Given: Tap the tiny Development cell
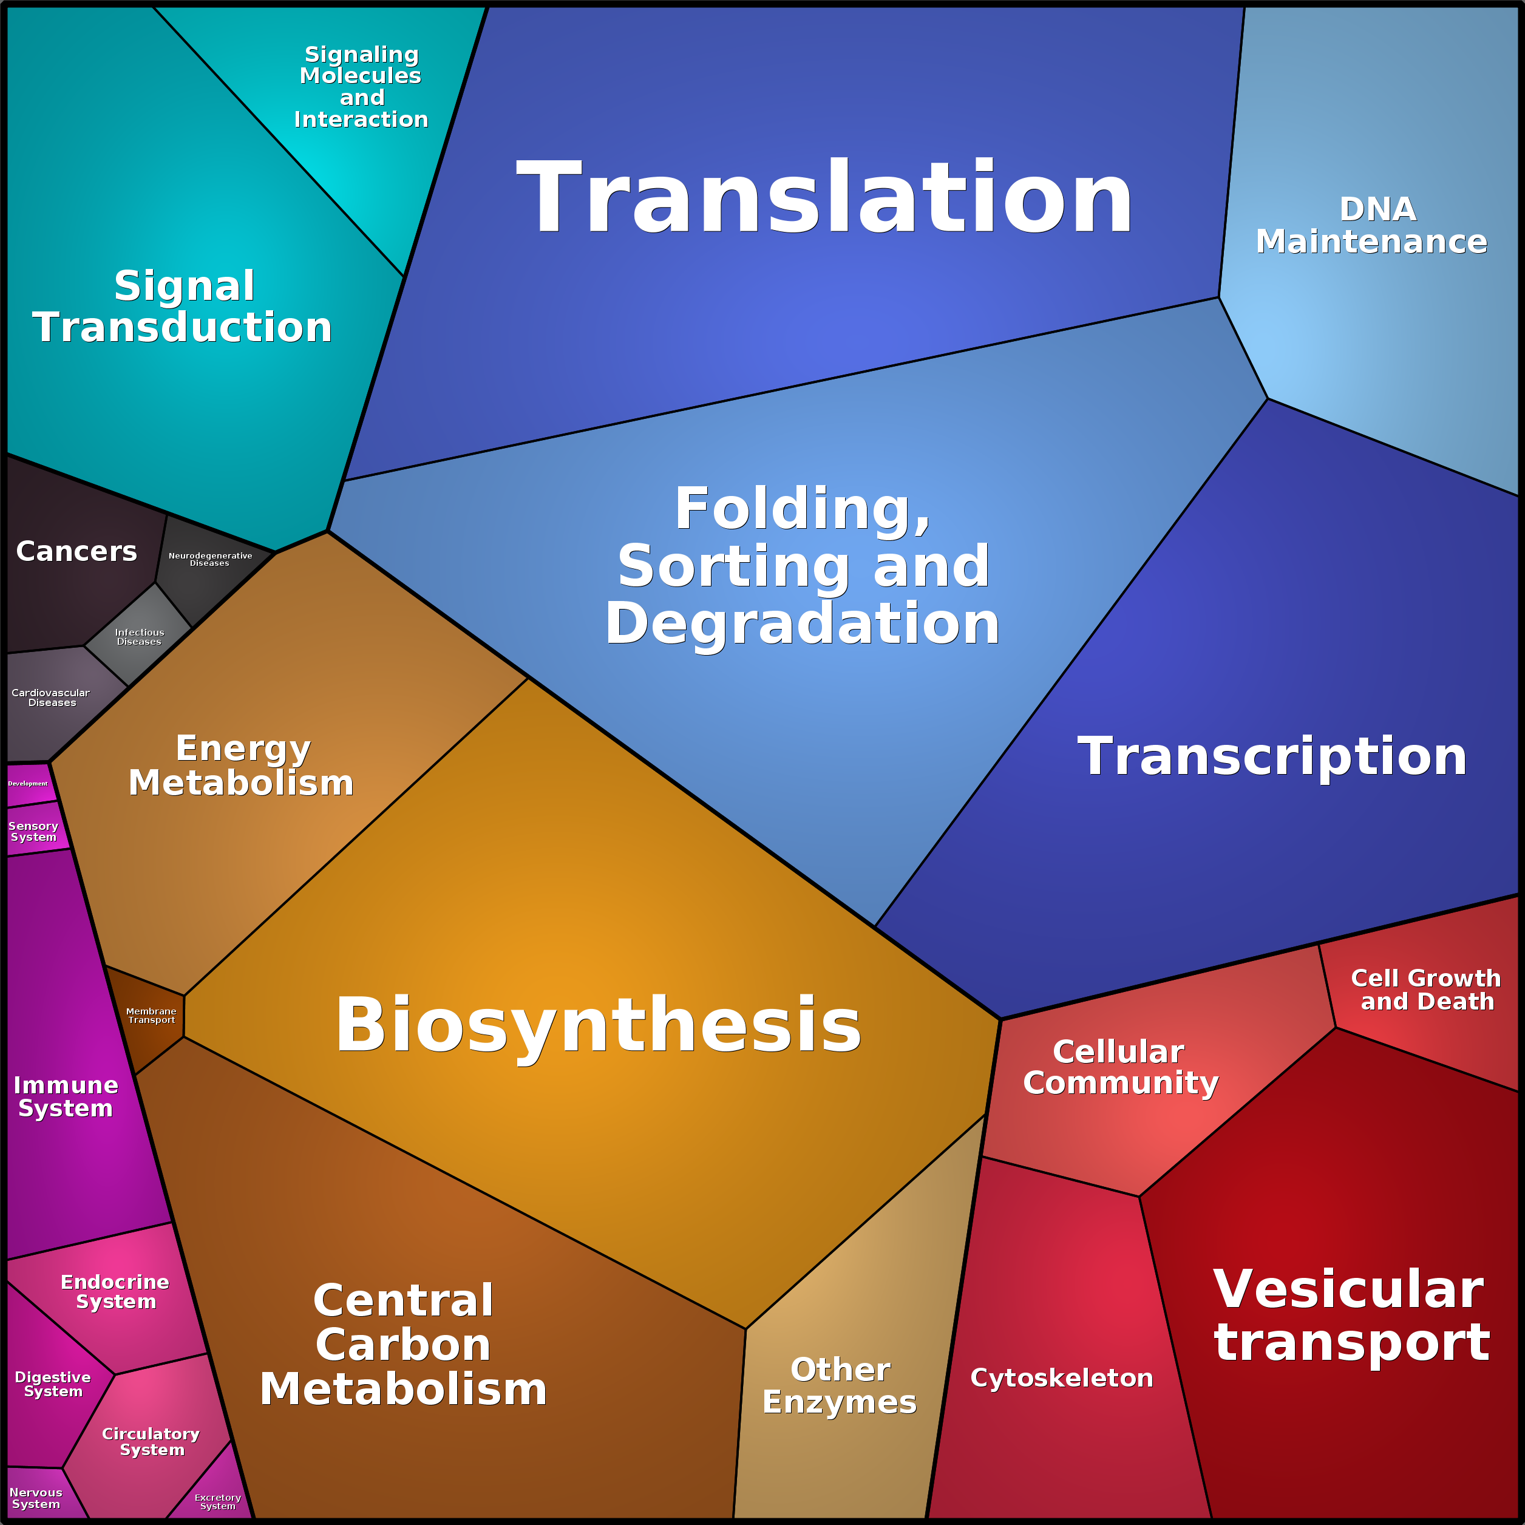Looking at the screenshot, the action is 29,784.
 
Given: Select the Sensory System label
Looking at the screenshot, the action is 33,831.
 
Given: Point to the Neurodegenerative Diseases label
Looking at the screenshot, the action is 210,560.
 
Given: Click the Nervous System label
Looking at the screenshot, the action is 36,1498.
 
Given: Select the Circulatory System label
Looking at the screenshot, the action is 151,1441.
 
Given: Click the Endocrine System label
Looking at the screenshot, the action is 115,1292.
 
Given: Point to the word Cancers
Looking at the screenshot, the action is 76,551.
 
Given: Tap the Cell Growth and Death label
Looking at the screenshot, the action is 1425,990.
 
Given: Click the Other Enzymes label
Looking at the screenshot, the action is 840,1386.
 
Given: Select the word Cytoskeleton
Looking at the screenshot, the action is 1062,1378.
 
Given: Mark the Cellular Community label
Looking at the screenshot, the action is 1120,1067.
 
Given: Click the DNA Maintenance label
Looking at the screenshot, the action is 1372,226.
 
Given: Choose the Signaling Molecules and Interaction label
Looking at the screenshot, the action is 361,87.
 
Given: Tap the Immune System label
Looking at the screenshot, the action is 66,1097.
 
